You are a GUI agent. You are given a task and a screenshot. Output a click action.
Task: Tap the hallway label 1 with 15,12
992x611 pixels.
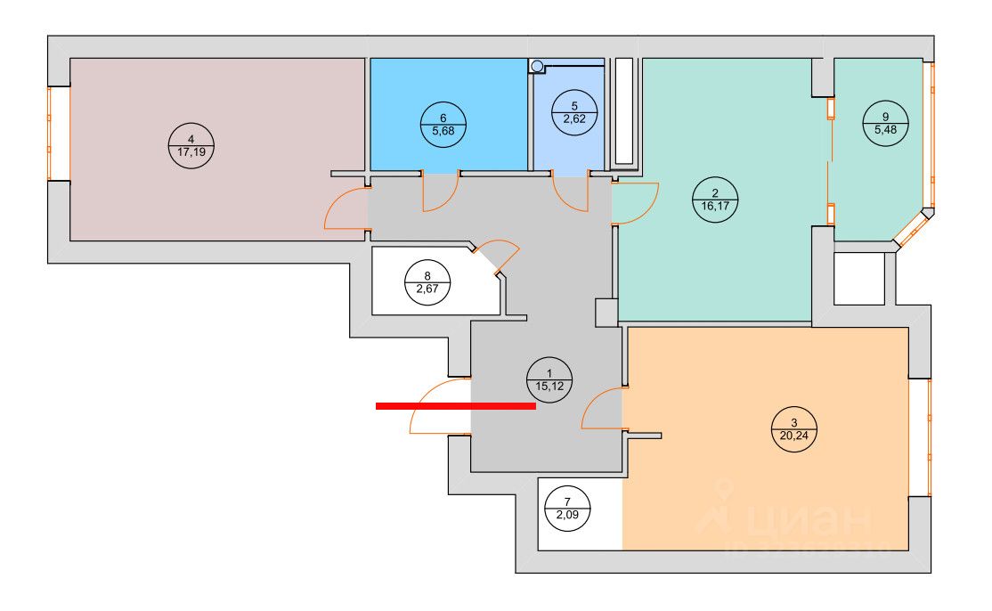point(549,380)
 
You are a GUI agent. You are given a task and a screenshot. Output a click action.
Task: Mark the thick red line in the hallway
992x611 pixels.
point(455,406)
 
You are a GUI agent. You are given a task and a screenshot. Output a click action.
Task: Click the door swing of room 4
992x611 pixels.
point(345,211)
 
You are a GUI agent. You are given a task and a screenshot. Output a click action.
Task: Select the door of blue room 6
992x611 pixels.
point(439,193)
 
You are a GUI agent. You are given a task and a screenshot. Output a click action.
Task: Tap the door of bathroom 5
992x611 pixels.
point(570,194)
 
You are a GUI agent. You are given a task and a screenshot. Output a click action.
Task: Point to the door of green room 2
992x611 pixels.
point(635,204)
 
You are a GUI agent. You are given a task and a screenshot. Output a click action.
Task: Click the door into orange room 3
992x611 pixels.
point(601,411)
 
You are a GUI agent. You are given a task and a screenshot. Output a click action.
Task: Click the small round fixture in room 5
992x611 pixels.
point(536,66)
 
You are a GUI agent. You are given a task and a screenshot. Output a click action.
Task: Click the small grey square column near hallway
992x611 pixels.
point(606,312)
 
